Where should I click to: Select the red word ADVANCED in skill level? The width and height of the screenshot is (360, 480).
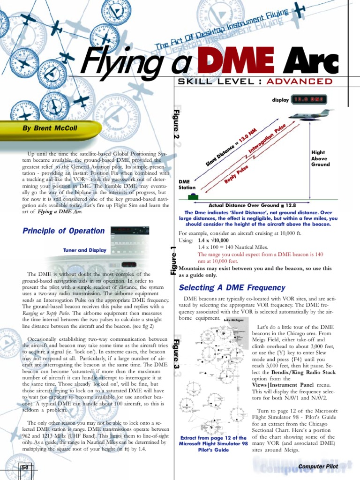pos(300,82)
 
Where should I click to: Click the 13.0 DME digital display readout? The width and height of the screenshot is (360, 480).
pos(309,99)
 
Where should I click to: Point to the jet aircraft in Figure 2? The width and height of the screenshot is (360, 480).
pos(310,114)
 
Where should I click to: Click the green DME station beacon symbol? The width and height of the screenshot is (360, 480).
pos(192,197)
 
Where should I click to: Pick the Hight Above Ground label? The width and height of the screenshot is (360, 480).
pos(321,158)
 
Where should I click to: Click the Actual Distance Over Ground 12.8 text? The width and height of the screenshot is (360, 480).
pos(252,205)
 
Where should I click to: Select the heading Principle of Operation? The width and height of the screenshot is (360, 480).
pos(63,231)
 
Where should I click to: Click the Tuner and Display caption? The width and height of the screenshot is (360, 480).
pos(84,250)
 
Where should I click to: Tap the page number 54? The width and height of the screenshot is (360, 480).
pos(24,467)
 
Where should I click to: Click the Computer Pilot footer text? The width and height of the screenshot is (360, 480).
pos(318,466)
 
